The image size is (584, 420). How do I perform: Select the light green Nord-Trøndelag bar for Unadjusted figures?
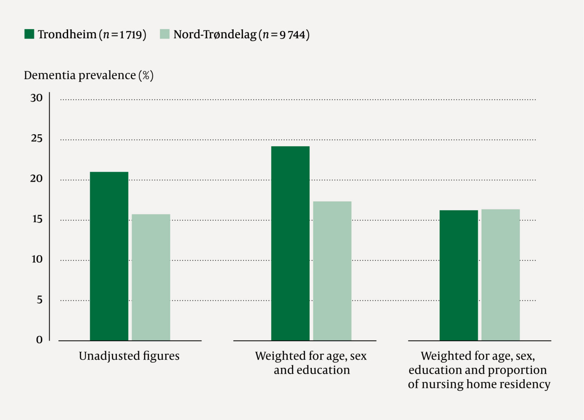coord(151,277)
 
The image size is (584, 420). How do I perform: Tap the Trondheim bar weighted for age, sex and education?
coord(290,243)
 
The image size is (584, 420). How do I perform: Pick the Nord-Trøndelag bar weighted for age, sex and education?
coord(332,271)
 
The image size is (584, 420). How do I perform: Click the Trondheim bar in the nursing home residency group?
coord(459,275)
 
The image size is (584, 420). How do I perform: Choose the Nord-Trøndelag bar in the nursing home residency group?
coord(500,275)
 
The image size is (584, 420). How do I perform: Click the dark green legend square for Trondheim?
coord(29,34)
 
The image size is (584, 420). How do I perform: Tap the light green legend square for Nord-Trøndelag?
coord(165,34)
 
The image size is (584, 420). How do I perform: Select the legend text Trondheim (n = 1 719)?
coord(92,35)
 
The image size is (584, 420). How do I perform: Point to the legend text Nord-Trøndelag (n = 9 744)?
coord(241,35)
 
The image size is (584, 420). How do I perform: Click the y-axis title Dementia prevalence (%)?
coord(89,75)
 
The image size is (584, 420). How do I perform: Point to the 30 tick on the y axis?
coord(37,98)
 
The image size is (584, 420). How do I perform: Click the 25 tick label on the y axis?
coord(37,139)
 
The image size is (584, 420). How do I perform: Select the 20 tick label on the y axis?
coord(37,179)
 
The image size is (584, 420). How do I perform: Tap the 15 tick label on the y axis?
coord(37,219)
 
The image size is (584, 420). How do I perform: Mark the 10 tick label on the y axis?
coord(37,259)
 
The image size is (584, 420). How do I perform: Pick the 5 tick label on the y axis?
coord(39,300)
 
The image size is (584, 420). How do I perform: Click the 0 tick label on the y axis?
coord(39,340)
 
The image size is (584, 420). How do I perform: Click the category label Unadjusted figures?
coord(129,356)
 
